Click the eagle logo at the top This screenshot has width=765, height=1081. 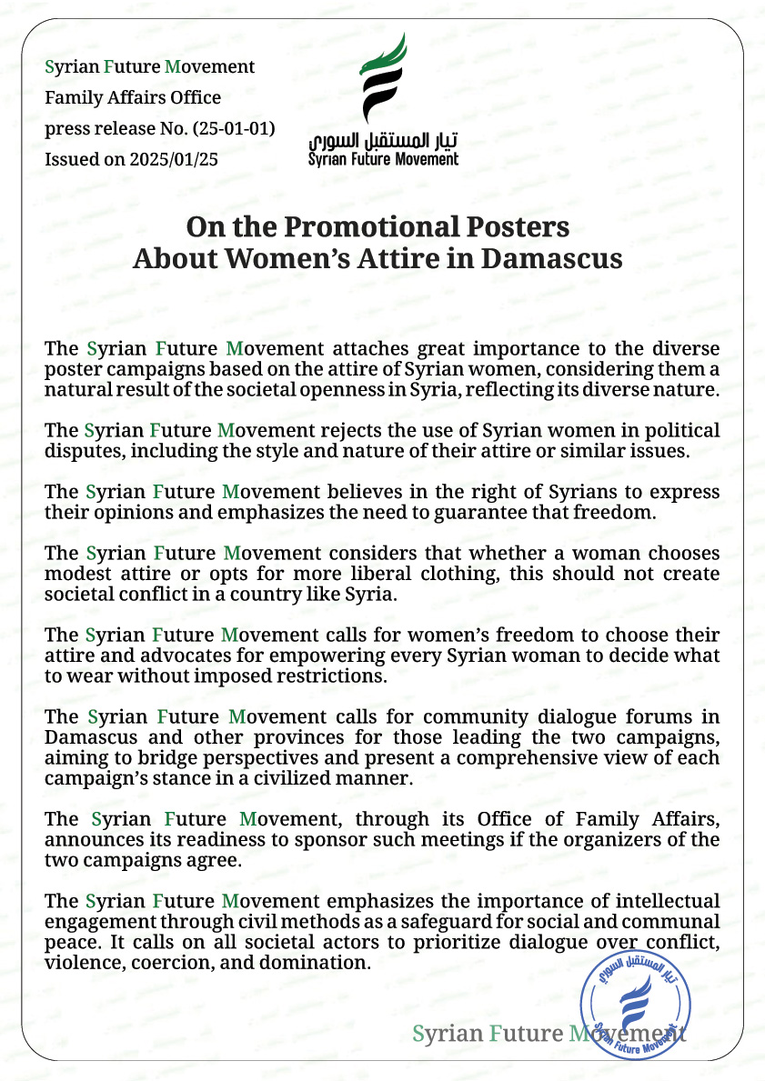[383, 80]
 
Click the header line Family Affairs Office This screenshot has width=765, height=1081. [133, 97]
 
